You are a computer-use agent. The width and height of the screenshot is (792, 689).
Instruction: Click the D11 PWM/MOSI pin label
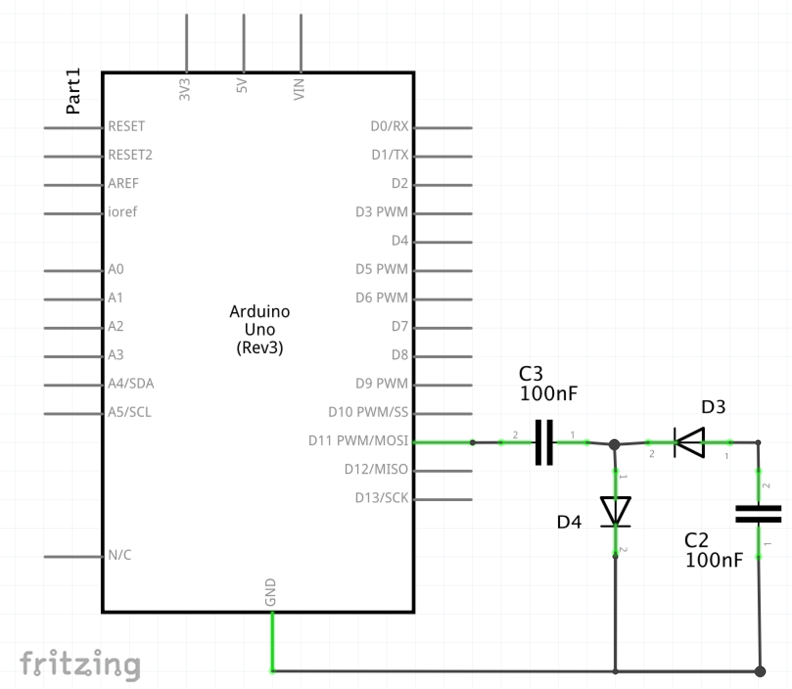[358, 440]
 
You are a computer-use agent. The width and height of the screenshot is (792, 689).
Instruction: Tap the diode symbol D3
[689, 442]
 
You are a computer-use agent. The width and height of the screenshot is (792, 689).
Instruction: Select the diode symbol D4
[615, 512]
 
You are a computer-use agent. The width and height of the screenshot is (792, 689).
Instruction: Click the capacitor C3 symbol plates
[544, 442]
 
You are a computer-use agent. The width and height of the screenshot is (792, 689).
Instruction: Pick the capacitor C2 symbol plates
[758, 514]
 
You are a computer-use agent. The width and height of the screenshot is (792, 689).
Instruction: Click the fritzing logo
[80, 665]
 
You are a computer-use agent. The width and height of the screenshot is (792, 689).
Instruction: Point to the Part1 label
[73, 91]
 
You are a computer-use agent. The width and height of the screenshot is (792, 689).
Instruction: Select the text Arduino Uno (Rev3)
[260, 329]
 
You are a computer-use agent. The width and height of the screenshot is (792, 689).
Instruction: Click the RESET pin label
[126, 126]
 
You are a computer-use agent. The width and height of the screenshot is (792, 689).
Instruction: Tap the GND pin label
[270, 592]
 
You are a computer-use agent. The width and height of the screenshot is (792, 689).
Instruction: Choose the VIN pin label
[299, 89]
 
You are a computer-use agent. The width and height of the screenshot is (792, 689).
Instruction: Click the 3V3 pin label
[185, 89]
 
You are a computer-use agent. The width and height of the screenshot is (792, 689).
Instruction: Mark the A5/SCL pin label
[130, 412]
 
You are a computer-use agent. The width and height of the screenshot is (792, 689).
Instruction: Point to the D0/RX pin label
[389, 126]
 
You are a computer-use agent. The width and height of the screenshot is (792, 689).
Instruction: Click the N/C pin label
[119, 555]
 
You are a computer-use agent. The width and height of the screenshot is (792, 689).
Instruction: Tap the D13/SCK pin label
[381, 498]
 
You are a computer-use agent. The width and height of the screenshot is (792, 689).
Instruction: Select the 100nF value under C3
[549, 393]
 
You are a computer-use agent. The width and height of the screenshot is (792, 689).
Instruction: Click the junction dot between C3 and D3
[614, 444]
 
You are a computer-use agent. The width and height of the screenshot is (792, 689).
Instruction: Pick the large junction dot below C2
[760, 671]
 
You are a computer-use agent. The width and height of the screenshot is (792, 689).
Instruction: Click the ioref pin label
[122, 212]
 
